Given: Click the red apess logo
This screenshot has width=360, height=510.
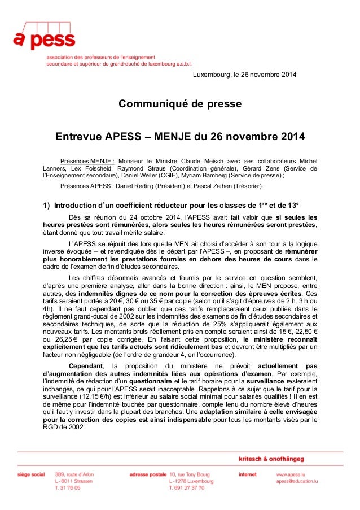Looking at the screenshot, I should tap(44, 37).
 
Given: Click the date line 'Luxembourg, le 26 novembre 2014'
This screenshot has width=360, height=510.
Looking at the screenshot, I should tap(244, 76).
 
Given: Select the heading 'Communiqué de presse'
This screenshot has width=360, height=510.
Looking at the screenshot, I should tap(179, 104).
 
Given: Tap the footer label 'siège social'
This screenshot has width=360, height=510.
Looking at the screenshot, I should tap(31, 474).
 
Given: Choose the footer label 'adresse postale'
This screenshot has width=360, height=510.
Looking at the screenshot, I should tap(147, 474).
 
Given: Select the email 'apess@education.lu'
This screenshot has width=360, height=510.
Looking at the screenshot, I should tap(293, 481).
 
